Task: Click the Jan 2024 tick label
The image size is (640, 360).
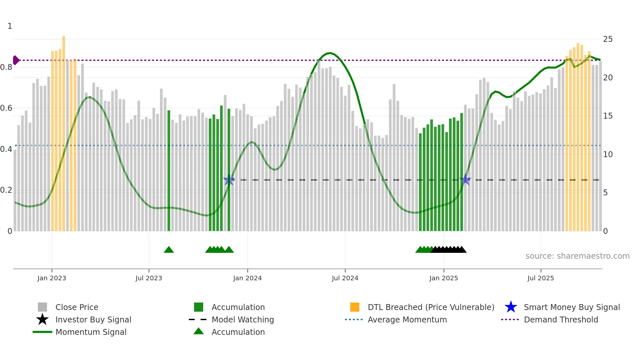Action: pyautogui.click(x=247, y=278)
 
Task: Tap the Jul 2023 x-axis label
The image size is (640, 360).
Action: pyautogui.click(x=149, y=278)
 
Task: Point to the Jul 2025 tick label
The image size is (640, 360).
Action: pyautogui.click(x=540, y=278)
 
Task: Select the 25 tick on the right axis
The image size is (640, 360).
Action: pyautogui.click(x=608, y=39)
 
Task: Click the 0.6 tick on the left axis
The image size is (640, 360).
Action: pyautogui.click(x=6, y=108)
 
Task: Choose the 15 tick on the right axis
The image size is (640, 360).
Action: pyautogui.click(x=608, y=116)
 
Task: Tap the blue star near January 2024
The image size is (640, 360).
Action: pyautogui.click(x=229, y=180)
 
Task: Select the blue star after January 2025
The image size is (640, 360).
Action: pyautogui.click(x=465, y=180)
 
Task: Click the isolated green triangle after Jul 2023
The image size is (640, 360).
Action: pyautogui.click(x=169, y=250)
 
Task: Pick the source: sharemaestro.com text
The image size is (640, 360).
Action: pyautogui.click(x=577, y=256)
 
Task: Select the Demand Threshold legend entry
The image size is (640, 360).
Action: pyautogui.click(x=561, y=319)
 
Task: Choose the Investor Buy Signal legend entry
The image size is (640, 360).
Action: pyautogui.click(x=93, y=319)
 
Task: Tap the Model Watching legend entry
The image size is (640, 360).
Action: pyautogui.click(x=242, y=319)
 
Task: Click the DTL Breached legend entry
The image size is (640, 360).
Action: pyautogui.click(x=431, y=307)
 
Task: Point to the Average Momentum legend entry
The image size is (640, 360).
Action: pyautogui.click(x=407, y=319)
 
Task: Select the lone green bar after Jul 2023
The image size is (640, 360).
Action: pyautogui.click(x=169, y=170)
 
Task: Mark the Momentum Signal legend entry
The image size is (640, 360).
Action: pyautogui.click(x=91, y=332)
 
